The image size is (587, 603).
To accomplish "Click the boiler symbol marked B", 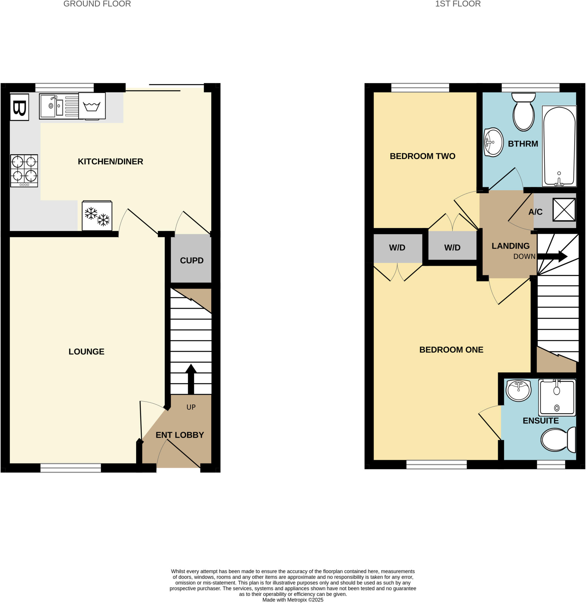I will click(x=19, y=107).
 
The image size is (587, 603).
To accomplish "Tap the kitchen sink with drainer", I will click(x=59, y=106).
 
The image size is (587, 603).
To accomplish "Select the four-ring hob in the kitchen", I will click(x=24, y=171).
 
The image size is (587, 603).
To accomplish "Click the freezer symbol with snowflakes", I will click(x=97, y=216).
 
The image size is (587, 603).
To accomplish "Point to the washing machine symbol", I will click(x=92, y=106).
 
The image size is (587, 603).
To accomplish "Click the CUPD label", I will click(x=191, y=261).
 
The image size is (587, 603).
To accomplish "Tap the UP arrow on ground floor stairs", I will click(x=191, y=379).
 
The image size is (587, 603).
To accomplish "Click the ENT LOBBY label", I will click(x=180, y=435).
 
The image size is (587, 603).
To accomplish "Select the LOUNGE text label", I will click(x=86, y=352).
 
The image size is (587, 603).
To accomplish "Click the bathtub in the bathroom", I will click(x=559, y=146).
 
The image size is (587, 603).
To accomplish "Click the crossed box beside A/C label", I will click(x=564, y=210).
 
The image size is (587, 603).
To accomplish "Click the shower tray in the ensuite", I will click(x=557, y=397).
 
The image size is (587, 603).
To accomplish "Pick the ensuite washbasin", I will click(x=518, y=390).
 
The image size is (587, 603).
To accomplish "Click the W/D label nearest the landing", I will click(x=452, y=248).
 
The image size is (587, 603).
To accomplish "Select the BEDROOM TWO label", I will click(x=422, y=156).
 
